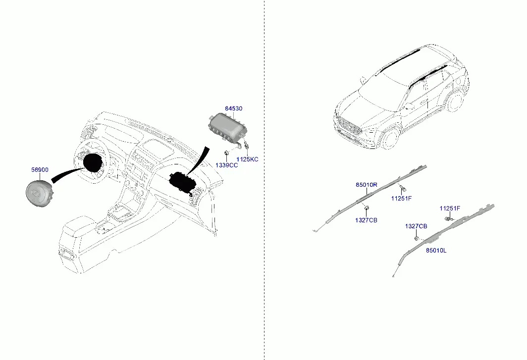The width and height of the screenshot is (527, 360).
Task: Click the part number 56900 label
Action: [40, 170]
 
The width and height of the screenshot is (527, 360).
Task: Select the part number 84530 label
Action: [234, 108]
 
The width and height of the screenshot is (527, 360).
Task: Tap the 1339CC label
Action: [226, 165]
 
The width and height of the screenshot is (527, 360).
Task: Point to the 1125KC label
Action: [247, 159]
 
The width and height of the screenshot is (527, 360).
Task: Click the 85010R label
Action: [367, 185]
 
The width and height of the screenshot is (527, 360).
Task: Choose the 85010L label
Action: [436, 251]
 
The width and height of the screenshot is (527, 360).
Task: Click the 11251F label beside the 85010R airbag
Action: [401, 198]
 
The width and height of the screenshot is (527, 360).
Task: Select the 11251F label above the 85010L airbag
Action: [450, 208]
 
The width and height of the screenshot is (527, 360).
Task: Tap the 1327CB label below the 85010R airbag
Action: [366, 220]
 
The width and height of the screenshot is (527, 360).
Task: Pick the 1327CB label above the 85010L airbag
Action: [416, 226]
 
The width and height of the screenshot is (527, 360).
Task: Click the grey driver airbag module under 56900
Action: [38, 193]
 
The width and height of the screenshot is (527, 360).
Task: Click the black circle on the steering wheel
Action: [93, 163]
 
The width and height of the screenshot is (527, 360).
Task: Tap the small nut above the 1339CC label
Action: [226, 154]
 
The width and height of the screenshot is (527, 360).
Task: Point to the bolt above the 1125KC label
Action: [247, 146]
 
